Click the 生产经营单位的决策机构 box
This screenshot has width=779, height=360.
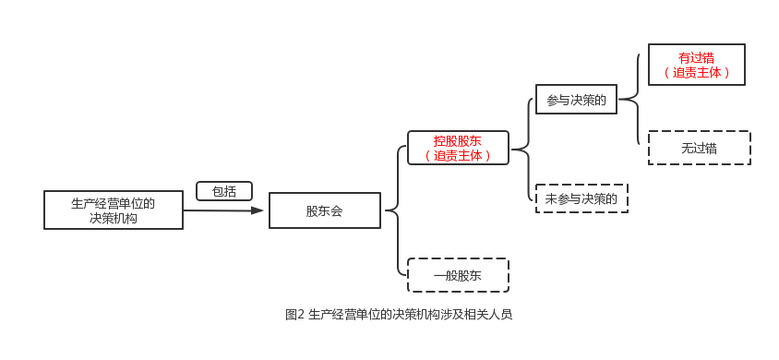pyautogui.click(x=114, y=210)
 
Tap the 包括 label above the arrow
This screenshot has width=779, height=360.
pyautogui.click(x=224, y=192)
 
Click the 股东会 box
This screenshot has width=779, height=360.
pyautogui.click(x=324, y=210)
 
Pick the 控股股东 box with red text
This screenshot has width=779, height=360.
pyautogui.click(x=458, y=148)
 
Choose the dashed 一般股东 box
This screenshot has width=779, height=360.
pyautogui.click(x=458, y=275)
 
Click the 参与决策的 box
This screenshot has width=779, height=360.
pyautogui.click(x=576, y=101)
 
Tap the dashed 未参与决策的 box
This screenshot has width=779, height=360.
pyautogui.click(x=581, y=198)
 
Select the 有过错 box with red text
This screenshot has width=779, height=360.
pyautogui.click(x=696, y=65)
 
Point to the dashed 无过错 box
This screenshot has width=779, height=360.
pyautogui.click(x=700, y=148)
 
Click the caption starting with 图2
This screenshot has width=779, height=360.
pyautogui.click(x=399, y=313)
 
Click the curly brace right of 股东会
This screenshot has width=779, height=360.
pyautogui.click(x=395, y=210)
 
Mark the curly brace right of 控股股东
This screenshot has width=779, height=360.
pyautogui.click(x=522, y=148)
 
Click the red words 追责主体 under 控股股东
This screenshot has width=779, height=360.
pyautogui.click(x=458, y=156)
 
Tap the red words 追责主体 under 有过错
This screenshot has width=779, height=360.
pyautogui.click(x=696, y=72)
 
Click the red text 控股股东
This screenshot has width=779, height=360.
pyautogui.click(x=458, y=140)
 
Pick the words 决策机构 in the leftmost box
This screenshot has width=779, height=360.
pyautogui.click(x=114, y=219)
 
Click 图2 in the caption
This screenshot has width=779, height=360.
pyautogui.click(x=294, y=314)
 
